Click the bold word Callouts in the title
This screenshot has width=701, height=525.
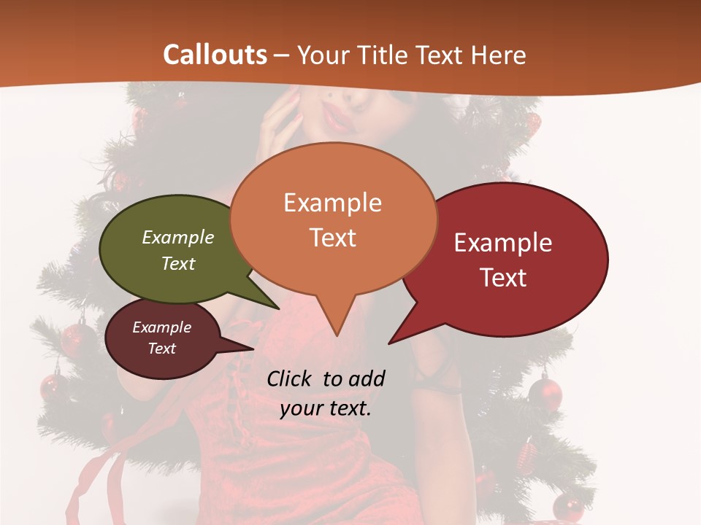pos(215,55)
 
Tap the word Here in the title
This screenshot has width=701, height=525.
pos(499,55)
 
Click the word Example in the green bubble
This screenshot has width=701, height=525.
pos(178,237)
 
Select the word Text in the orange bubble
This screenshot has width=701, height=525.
pos(333,237)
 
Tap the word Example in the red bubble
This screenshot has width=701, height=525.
pos(503,243)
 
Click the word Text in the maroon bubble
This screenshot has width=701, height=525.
pos(162,349)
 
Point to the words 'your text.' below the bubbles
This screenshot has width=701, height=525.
pos(326,408)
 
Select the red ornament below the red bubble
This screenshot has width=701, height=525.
pos(545,392)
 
